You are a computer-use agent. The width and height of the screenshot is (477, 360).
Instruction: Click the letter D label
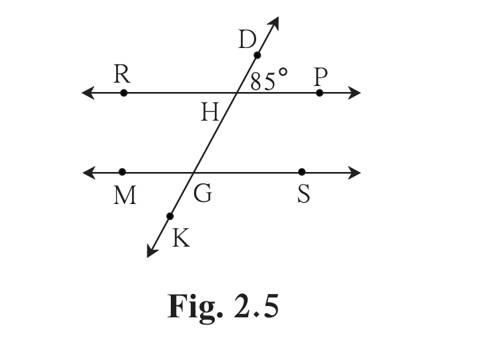247,39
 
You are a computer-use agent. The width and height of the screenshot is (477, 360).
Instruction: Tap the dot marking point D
257,55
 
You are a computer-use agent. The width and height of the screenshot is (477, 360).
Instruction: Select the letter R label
122,74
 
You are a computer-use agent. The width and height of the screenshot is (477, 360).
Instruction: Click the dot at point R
123,93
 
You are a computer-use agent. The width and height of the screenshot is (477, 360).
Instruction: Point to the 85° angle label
269,79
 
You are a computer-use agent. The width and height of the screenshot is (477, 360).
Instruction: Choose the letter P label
321,77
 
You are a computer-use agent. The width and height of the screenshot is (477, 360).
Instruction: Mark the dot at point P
319,93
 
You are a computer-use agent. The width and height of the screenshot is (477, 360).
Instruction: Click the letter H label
210,112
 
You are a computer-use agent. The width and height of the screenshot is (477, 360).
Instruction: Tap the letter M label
125,195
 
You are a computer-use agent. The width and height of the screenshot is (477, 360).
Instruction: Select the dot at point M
122,172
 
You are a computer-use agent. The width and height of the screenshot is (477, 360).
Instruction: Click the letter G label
203,193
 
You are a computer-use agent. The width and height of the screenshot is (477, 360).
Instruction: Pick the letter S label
304,194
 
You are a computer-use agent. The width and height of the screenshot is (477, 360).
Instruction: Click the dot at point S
302,172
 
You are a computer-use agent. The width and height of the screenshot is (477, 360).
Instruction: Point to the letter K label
181,238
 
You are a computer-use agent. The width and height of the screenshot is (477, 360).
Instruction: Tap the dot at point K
170,216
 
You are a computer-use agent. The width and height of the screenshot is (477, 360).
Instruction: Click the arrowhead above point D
273,23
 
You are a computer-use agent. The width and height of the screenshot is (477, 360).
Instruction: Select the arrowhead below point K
151,250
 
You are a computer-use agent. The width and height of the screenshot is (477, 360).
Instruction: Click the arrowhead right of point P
354,93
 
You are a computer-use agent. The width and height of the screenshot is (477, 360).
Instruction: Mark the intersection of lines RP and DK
237,93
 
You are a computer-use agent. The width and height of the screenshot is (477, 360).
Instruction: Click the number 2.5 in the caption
256,306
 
